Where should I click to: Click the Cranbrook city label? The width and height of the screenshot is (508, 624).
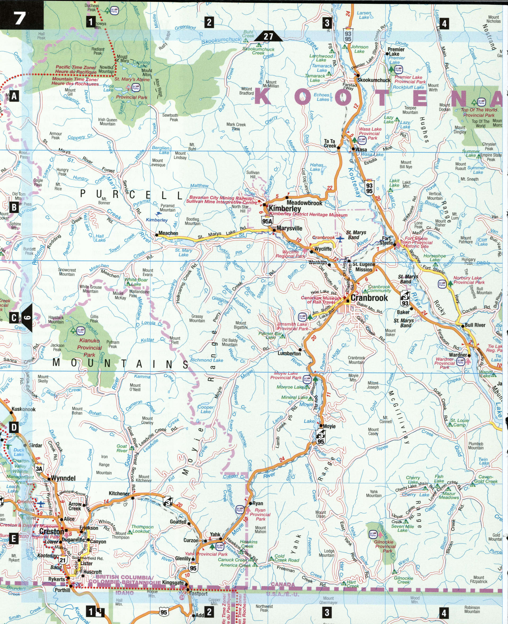click(x=369, y=298)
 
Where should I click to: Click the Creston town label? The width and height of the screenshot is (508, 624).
click(x=51, y=531)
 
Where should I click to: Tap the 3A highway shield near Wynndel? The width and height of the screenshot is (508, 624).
click(x=39, y=468)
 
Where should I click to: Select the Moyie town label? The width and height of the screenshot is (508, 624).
click(x=329, y=426)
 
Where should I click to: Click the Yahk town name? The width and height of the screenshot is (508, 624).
click(x=215, y=534)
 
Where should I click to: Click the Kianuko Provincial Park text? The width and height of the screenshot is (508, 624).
click(x=89, y=348)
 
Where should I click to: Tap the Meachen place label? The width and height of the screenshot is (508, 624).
click(x=168, y=233)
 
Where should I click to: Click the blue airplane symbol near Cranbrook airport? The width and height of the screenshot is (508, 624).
click(x=340, y=239)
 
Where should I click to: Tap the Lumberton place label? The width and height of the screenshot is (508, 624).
click(x=289, y=354)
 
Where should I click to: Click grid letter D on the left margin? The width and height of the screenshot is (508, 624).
click(x=14, y=428)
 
